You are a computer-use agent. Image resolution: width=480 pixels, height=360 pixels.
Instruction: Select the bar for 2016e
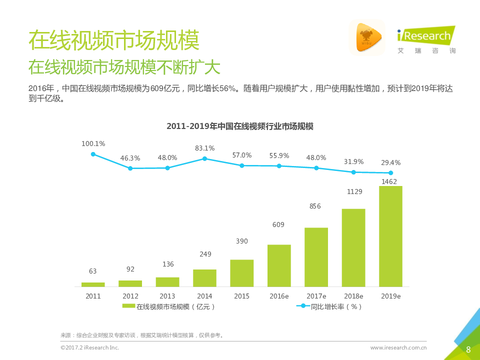pos(279,265)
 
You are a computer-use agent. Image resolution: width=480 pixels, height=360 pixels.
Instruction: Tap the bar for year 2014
pos(204,278)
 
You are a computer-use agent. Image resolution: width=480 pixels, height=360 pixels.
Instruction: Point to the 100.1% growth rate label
pos(93,144)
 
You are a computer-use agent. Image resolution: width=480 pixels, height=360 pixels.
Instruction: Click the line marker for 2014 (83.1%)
pos(204,158)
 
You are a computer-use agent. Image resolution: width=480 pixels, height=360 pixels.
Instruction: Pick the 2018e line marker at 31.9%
pos(353,172)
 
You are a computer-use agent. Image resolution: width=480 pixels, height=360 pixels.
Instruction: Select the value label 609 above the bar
pos(278,225)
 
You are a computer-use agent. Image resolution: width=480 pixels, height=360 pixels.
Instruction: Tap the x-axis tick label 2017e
pos(316,296)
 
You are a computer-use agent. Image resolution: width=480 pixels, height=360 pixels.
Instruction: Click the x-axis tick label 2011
pos(93,296)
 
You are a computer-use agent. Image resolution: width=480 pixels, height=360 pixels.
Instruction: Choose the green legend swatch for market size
pos(128,306)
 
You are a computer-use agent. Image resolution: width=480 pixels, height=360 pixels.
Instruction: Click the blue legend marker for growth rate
pos(302,306)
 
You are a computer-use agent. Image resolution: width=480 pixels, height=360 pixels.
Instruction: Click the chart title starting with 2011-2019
pos(240,126)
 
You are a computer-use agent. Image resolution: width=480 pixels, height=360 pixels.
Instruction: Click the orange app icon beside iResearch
pos(367,37)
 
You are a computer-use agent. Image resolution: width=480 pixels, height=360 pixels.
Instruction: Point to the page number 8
pos(468,349)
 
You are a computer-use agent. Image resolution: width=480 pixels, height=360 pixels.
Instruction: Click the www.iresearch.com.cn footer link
pos(398,347)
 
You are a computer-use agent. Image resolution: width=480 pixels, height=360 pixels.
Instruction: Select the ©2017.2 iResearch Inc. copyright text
pos(89,347)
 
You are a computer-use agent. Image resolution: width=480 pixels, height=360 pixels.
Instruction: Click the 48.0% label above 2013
pos(167,158)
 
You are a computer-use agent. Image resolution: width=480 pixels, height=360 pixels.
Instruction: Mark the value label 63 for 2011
pos(93,271)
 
